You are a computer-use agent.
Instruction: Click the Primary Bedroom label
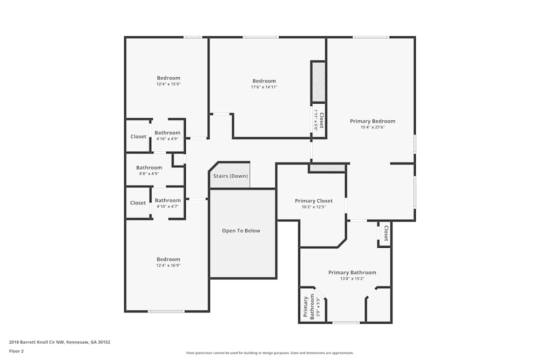pyautogui.click(x=372, y=121)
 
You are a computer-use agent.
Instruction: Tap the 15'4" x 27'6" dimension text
pyautogui.click(x=372, y=127)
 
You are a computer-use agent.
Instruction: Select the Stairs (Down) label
pyautogui.click(x=231, y=176)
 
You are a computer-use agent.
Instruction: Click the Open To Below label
pyautogui.click(x=241, y=231)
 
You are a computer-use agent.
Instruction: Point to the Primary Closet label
pyautogui.click(x=313, y=201)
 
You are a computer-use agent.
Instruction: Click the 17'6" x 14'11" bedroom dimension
pyautogui.click(x=264, y=87)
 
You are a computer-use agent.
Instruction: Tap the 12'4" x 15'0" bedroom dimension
pyautogui.click(x=168, y=84)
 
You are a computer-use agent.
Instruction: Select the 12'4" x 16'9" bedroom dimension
pyautogui.click(x=168, y=266)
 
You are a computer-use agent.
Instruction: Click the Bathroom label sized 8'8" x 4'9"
pyautogui.click(x=149, y=168)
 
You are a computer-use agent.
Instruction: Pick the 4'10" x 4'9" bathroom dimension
pyautogui.click(x=167, y=139)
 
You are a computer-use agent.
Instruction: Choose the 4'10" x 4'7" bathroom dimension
pyautogui.click(x=167, y=206)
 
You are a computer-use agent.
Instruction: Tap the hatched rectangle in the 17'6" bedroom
pyautogui.click(x=319, y=82)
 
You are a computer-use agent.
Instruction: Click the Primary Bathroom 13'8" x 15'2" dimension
pyautogui.click(x=352, y=279)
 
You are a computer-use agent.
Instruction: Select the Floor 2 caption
pyautogui.click(x=16, y=351)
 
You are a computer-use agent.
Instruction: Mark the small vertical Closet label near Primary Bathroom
pyautogui.click(x=386, y=233)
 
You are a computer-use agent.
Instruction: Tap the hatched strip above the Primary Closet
pyautogui.click(x=327, y=168)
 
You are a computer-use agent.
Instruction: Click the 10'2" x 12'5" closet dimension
pyautogui.click(x=313, y=207)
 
